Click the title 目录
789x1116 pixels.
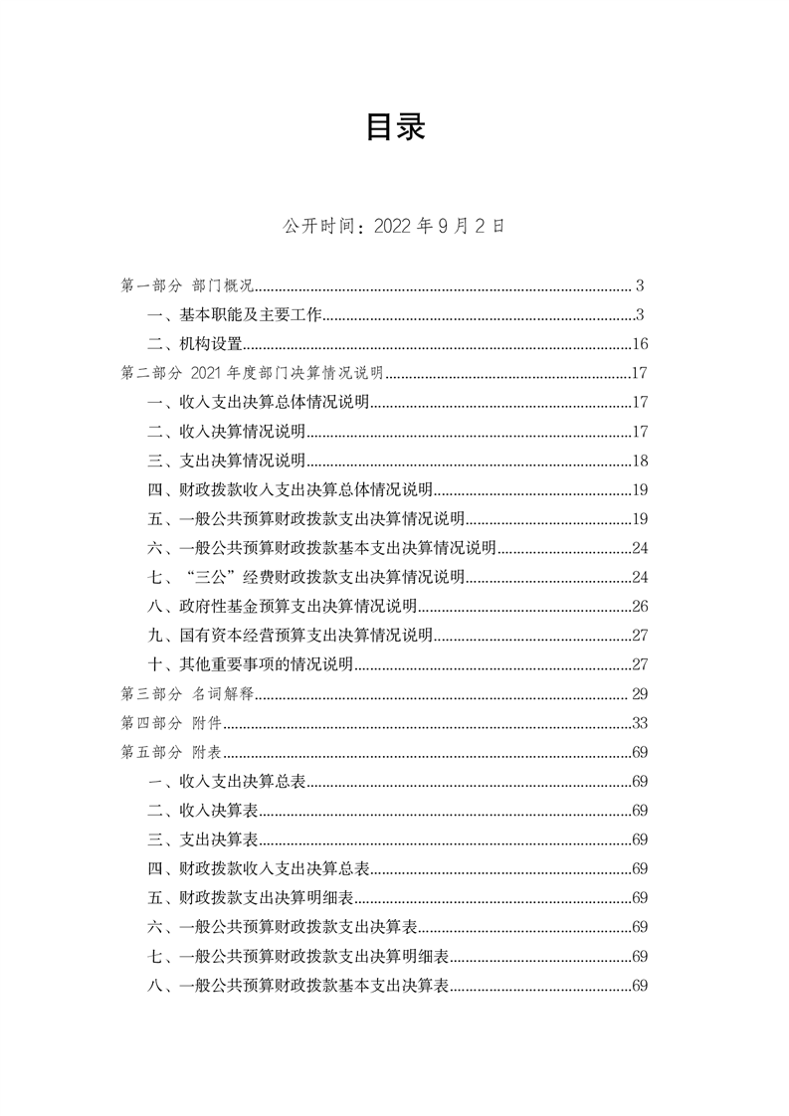395,127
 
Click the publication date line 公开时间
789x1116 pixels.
394,226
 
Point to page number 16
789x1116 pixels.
640,345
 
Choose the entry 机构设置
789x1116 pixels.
195,345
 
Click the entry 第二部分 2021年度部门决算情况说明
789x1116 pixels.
252,374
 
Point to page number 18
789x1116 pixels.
640,461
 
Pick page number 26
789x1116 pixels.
640,605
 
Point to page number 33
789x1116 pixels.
640,721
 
